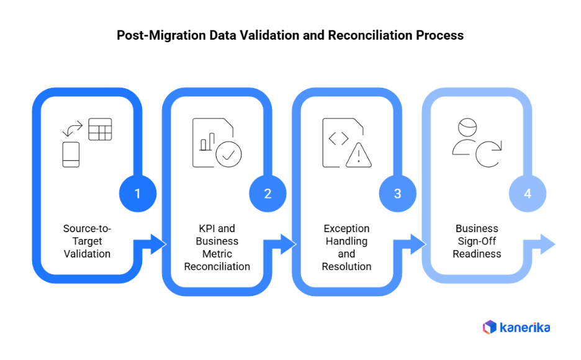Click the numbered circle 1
137,194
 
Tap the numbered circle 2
268,194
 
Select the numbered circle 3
397,194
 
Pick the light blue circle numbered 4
528,194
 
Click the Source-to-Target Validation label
87,241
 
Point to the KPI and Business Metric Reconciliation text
217,247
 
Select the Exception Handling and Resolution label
346,247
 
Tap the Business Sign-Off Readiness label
477,241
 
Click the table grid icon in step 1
100,129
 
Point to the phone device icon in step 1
71,155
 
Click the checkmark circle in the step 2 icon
228,155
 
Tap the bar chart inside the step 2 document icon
207,142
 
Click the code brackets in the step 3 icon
338,139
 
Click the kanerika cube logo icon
490,327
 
